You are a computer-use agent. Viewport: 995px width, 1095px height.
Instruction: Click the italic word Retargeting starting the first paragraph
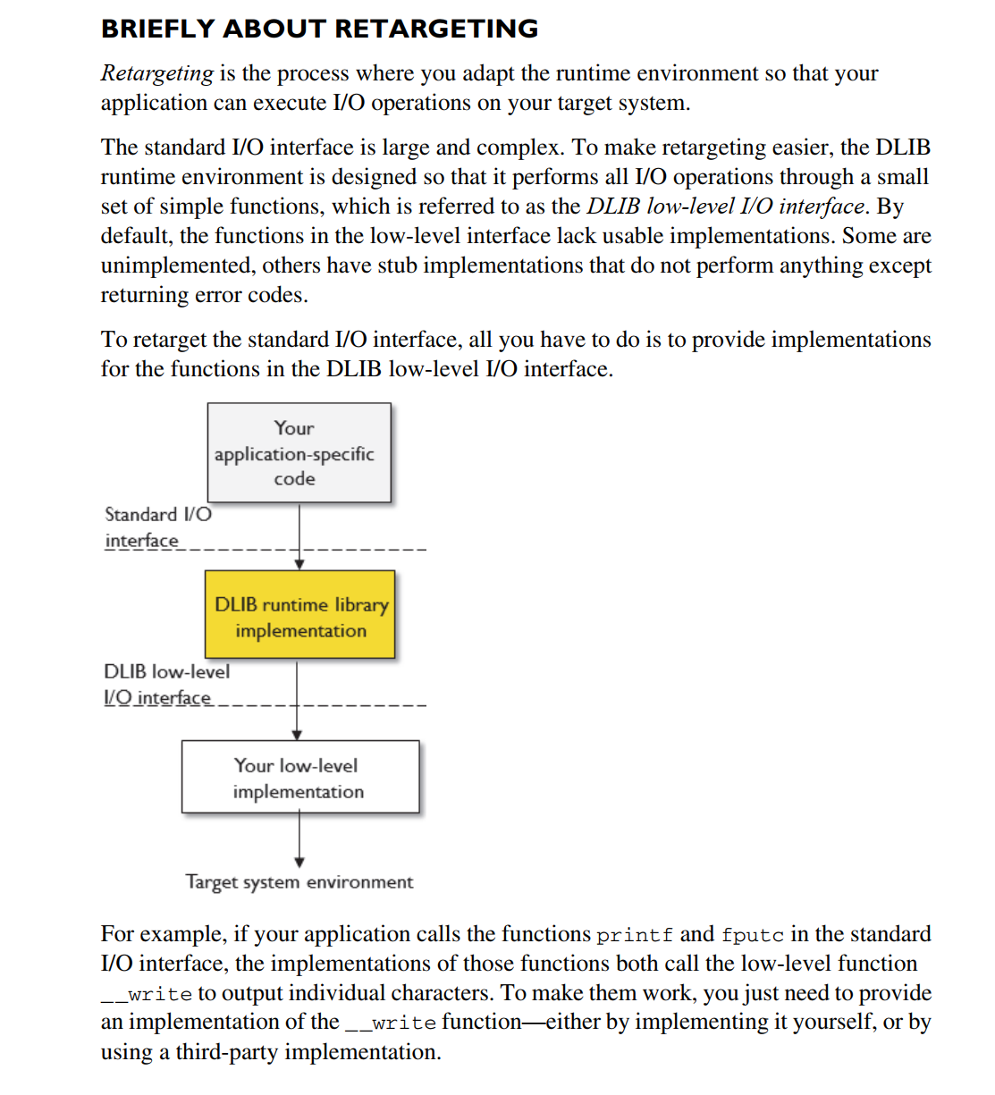coord(156,73)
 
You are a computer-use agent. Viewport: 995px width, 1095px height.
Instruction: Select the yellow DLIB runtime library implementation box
coord(300,616)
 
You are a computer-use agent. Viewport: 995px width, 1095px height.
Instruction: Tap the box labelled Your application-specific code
coord(299,452)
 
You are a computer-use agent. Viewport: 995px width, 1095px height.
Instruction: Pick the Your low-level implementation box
coord(299,777)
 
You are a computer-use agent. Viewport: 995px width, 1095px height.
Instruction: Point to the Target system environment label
coord(299,882)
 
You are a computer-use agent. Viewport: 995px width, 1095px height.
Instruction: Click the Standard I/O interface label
coord(157,527)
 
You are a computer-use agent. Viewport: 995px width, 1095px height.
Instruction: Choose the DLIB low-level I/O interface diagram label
coord(166,685)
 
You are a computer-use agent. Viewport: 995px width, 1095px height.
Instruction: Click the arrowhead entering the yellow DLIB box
coord(299,564)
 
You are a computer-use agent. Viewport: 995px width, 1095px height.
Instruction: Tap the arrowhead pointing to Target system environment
coord(299,863)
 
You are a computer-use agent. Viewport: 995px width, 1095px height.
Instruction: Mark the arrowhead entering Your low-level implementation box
coord(298,734)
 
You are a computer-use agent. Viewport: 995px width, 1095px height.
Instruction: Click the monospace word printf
coord(635,936)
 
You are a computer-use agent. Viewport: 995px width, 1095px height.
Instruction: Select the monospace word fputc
coord(752,936)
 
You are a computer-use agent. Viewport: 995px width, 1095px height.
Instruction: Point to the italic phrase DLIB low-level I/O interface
coord(725,206)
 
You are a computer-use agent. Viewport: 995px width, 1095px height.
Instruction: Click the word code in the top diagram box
coord(294,479)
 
